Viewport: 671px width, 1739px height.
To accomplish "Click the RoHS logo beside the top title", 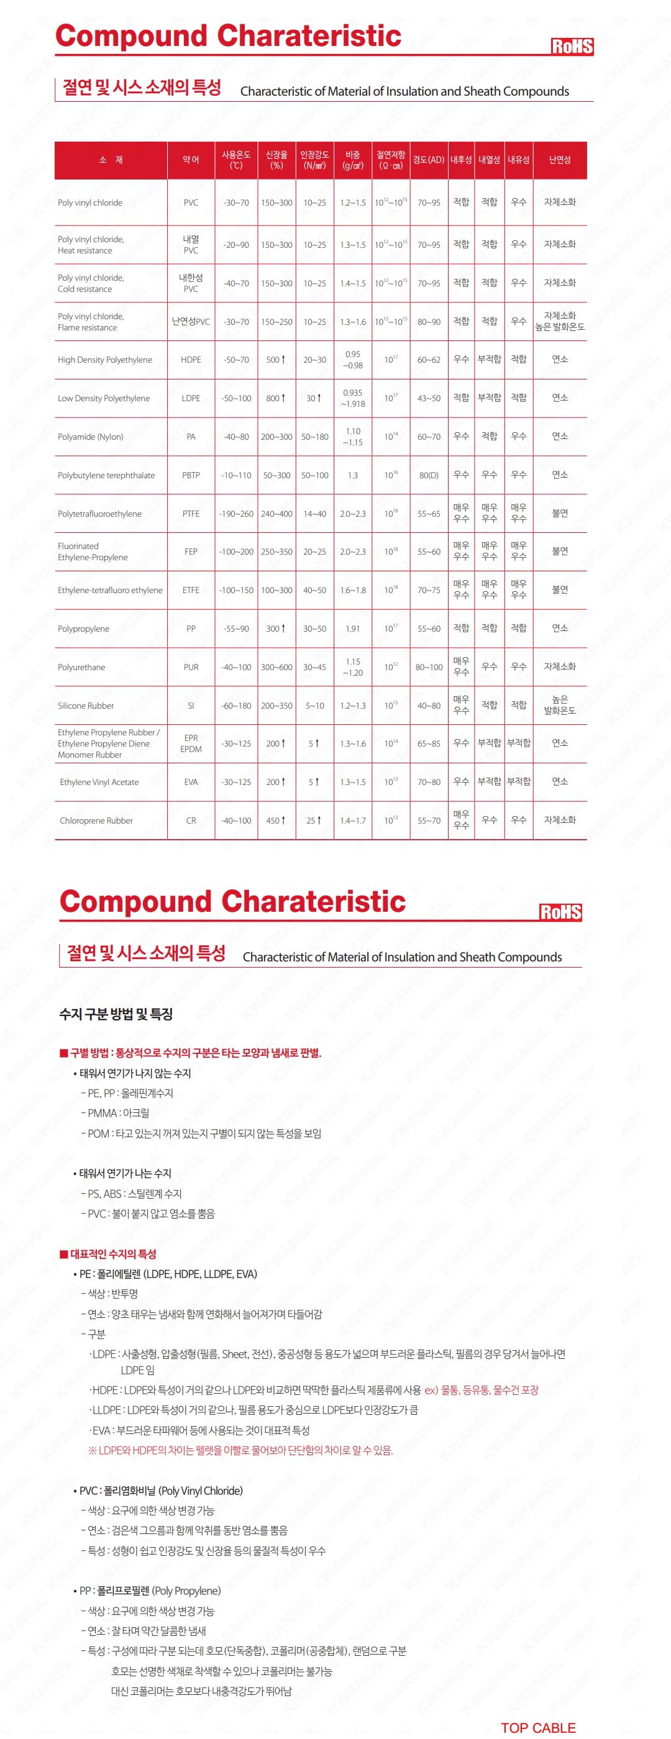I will pyautogui.click(x=571, y=46).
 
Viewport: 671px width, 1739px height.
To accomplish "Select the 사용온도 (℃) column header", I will pyautogui.click(x=235, y=160).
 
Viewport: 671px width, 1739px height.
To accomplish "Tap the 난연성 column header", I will pyautogui.click(x=559, y=160).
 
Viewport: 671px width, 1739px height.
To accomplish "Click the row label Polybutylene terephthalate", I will pyautogui.click(x=106, y=475).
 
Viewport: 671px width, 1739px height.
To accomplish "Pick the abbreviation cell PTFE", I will pyautogui.click(x=191, y=514).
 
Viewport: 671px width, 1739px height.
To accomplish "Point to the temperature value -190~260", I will pyautogui.click(x=235, y=514).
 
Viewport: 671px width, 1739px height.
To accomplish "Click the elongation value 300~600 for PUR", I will pyautogui.click(x=276, y=667).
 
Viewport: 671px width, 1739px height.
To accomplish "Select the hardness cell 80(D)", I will pyautogui.click(x=429, y=475).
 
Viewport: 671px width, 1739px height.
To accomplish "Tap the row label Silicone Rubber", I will pyautogui.click(x=86, y=706).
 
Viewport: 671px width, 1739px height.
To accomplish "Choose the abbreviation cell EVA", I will pyautogui.click(x=191, y=782).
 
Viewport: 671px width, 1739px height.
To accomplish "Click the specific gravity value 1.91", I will pyautogui.click(x=352, y=629).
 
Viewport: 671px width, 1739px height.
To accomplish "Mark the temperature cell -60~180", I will pyautogui.click(x=235, y=706).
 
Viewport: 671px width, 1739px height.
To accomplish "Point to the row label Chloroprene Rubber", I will pyautogui.click(x=96, y=820).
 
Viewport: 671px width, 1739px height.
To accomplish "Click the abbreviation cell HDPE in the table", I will pyautogui.click(x=191, y=360).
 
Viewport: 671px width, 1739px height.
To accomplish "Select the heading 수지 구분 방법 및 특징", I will pyautogui.click(x=116, y=1014).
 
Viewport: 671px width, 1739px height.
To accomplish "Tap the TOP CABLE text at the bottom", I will pyautogui.click(x=538, y=1728).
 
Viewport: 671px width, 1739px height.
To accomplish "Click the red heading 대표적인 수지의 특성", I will pyautogui.click(x=112, y=1253).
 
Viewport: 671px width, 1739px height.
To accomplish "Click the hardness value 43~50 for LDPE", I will pyautogui.click(x=429, y=398).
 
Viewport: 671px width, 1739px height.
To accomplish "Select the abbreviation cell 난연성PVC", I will pyautogui.click(x=191, y=321).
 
